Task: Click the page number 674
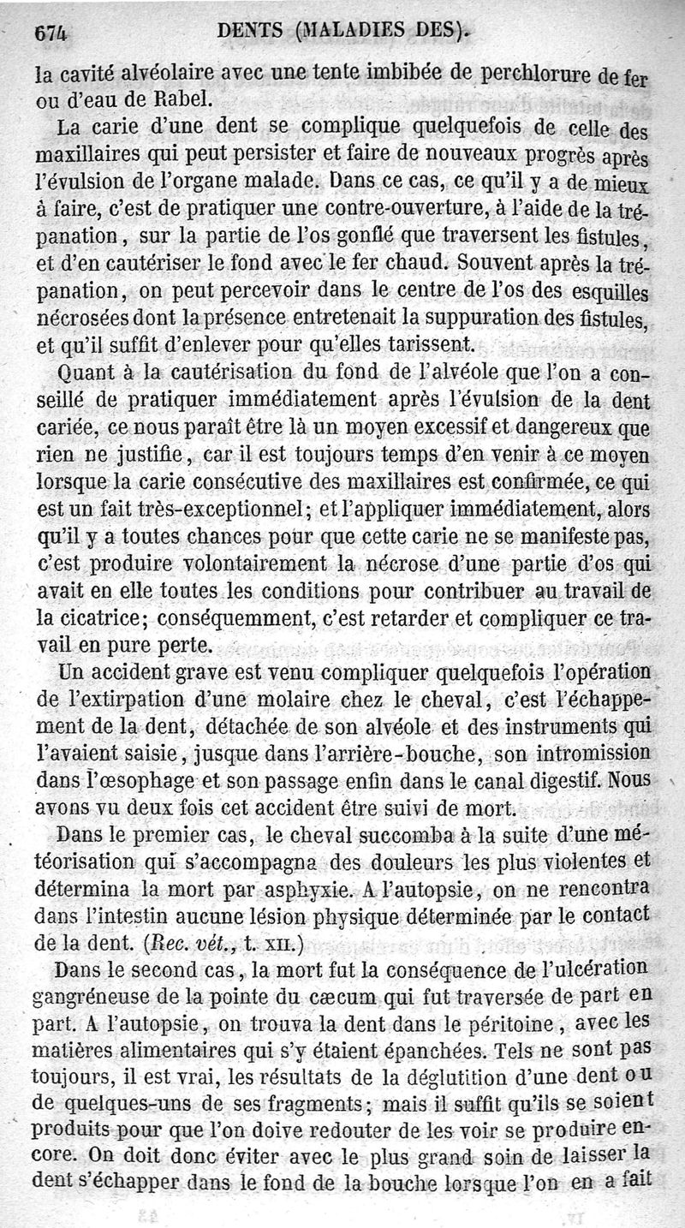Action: pos(51,32)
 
